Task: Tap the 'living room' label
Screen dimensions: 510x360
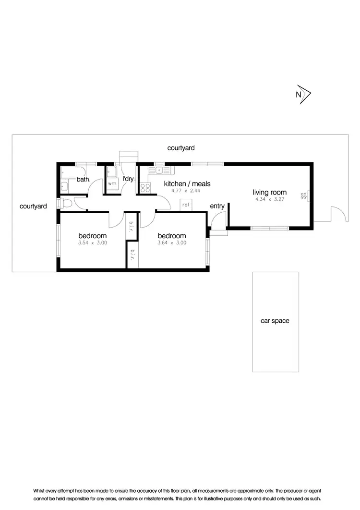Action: tap(270, 193)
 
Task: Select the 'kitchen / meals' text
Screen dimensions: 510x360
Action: tap(187, 183)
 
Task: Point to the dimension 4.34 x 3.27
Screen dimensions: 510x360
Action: tap(270, 199)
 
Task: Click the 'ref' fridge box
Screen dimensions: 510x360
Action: tap(186, 205)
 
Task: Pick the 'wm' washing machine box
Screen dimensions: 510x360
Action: tap(112, 184)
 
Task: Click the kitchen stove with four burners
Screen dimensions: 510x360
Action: tap(145, 188)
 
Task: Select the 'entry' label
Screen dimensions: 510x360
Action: tap(217, 206)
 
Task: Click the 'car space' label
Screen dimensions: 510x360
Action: tap(275, 321)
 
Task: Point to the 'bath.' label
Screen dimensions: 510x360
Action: tap(84, 180)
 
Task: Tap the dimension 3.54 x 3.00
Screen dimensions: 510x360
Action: tap(92, 243)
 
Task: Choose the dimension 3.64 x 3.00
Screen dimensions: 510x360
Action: tap(172, 243)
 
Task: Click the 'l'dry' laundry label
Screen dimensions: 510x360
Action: tap(128, 179)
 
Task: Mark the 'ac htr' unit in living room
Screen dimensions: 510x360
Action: tap(304, 195)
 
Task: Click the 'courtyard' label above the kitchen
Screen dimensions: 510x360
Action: tap(181, 148)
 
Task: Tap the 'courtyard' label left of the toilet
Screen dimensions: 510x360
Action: tap(33, 206)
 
